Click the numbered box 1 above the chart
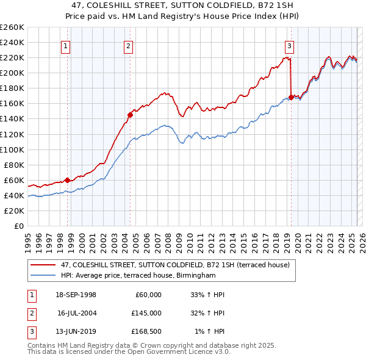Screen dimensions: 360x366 tap(65, 45)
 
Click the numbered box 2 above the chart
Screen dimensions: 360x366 tap(129, 45)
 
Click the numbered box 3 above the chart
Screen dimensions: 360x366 tap(289, 45)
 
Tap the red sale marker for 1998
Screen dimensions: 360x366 tap(68, 179)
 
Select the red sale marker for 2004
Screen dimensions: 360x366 tap(130, 114)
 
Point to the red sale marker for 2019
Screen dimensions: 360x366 tap(291, 96)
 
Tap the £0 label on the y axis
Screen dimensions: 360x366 tap(18, 226)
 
